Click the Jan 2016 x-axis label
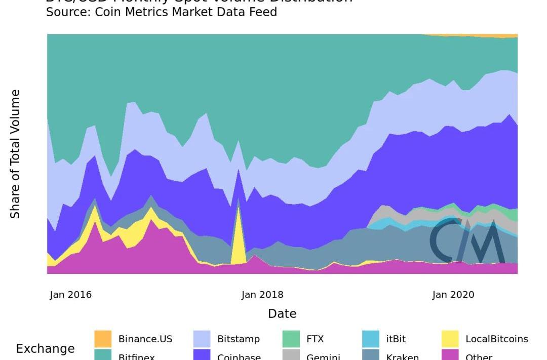[x=70, y=295]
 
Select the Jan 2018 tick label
[x=262, y=295]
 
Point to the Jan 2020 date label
[x=453, y=295]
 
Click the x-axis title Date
[x=282, y=314]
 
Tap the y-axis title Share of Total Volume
[x=15, y=154]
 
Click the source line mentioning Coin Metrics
[x=162, y=12]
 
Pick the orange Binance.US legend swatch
[x=103, y=339]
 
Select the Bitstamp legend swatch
[x=202, y=339]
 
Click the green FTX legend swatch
[x=291, y=339]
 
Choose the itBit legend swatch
[x=371, y=339]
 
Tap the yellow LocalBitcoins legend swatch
[x=450, y=339]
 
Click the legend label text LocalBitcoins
[x=496, y=339]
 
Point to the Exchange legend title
[x=45, y=349]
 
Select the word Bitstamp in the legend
[x=238, y=339]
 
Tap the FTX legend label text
[x=315, y=339]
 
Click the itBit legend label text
[x=396, y=339]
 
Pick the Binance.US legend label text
[x=145, y=339]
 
